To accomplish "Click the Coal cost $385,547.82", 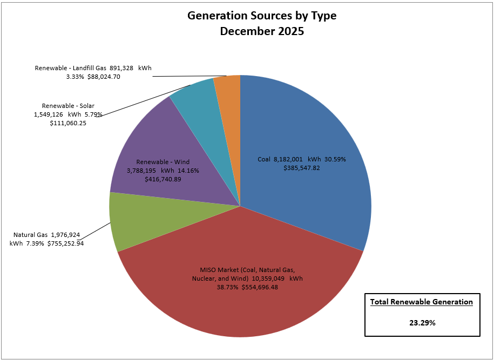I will coord(302,168).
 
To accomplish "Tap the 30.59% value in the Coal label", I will coord(334,159).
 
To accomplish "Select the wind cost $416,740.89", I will coord(163,179).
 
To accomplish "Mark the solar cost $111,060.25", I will coord(68,123).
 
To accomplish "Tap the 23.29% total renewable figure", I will coord(422,323).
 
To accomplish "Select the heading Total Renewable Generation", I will coord(422,302).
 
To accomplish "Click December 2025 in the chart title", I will coord(262,31).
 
